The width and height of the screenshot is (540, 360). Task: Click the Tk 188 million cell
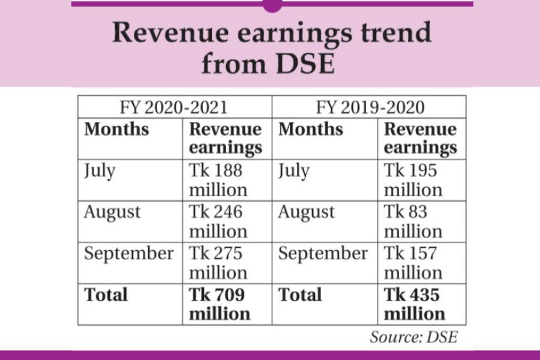click(x=218, y=180)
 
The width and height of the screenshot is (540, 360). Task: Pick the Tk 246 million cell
click(x=218, y=221)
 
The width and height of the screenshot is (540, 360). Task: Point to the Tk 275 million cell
click(x=218, y=263)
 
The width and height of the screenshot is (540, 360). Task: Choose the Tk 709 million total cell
click(x=219, y=304)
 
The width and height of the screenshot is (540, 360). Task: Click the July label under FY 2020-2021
click(x=100, y=171)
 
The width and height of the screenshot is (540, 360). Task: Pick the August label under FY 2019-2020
click(x=306, y=212)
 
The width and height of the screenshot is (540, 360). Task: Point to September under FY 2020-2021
click(x=129, y=253)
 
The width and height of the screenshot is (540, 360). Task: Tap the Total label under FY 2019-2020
click(x=301, y=295)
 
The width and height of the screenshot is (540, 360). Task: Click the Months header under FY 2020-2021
click(x=116, y=130)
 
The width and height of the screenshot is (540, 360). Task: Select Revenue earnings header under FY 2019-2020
click(x=420, y=139)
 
